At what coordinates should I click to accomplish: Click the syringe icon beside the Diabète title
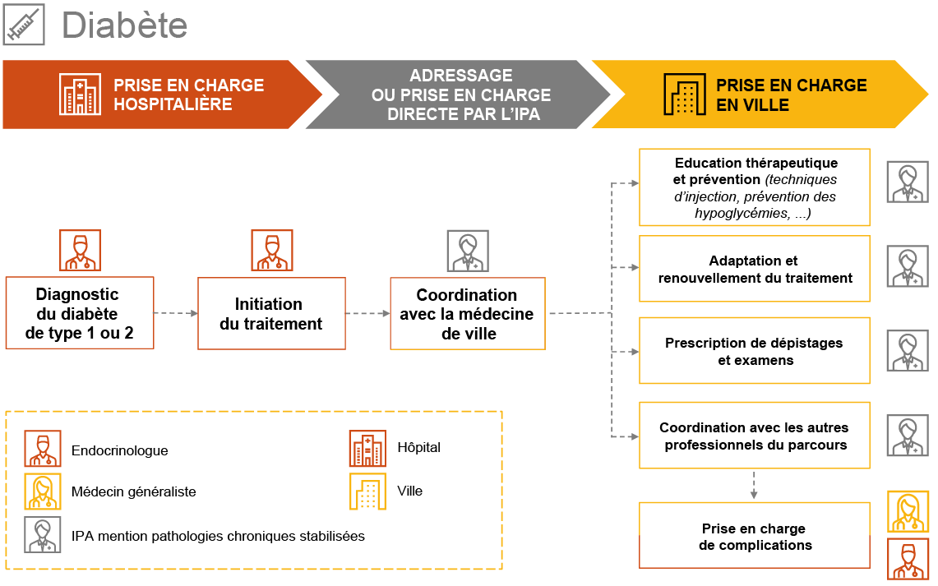pos(24,24)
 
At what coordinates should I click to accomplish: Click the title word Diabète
pos(124,25)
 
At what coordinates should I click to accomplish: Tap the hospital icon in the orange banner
pos(80,95)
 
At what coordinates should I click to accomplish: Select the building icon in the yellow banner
pos(684,95)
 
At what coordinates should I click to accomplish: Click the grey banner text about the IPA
pos(461,95)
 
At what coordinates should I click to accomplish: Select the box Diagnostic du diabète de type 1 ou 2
pos(80,313)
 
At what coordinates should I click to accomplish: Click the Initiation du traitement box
pos(271,314)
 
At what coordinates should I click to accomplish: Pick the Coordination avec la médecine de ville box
pos(467,314)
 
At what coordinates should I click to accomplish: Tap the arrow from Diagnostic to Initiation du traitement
pos(176,313)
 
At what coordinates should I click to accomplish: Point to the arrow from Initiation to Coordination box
pos(367,313)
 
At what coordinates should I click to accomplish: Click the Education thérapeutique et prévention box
pos(754,187)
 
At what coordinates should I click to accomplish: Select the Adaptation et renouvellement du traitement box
pos(754,269)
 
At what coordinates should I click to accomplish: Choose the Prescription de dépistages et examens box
pos(754,351)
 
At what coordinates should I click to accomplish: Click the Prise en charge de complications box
pos(754,536)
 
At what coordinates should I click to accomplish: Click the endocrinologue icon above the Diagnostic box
pos(80,251)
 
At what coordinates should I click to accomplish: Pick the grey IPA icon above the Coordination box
pos(467,251)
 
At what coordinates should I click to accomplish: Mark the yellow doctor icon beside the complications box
pos(908,511)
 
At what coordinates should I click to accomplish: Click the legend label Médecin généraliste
pos(133,492)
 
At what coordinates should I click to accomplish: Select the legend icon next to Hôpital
pos(367,449)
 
